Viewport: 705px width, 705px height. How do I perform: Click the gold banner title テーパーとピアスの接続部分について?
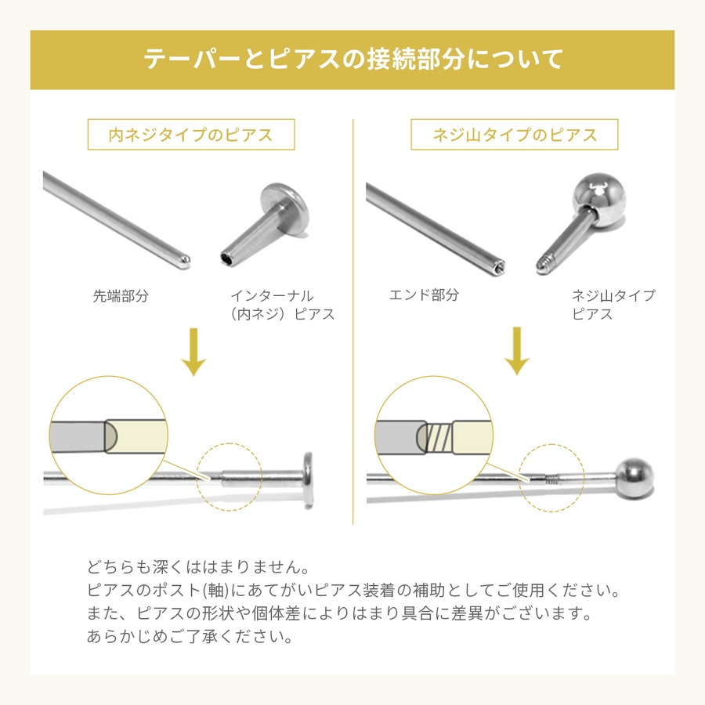click(x=353, y=60)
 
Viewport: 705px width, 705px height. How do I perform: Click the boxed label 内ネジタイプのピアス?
click(x=190, y=135)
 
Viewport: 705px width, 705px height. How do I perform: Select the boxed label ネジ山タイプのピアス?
click(x=515, y=135)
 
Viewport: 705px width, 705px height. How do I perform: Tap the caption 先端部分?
click(x=121, y=296)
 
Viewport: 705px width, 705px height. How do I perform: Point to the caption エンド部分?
click(x=424, y=295)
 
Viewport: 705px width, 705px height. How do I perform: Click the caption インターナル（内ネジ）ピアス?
click(x=282, y=305)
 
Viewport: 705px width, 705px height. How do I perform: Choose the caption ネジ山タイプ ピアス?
click(x=613, y=305)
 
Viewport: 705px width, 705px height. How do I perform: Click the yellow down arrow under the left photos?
click(x=193, y=352)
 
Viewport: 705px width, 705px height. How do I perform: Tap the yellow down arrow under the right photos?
click(x=517, y=351)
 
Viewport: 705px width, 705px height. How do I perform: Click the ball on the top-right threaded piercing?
click(x=599, y=199)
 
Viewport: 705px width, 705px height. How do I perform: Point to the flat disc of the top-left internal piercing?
click(x=285, y=208)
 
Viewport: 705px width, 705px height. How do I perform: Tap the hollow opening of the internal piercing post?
click(x=227, y=259)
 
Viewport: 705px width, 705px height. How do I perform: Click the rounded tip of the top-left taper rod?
click(x=185, y=262)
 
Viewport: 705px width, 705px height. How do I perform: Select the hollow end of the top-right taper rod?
click(x=498, y=267)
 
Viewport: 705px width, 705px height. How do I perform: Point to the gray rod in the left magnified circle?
click(x=79, y=436)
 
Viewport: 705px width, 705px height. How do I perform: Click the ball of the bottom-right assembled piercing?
click(x=634, y=478)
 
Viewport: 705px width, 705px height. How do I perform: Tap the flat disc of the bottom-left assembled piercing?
click(x=308, y=480)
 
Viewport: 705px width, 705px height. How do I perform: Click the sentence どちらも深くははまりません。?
click(x=198, y=567)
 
